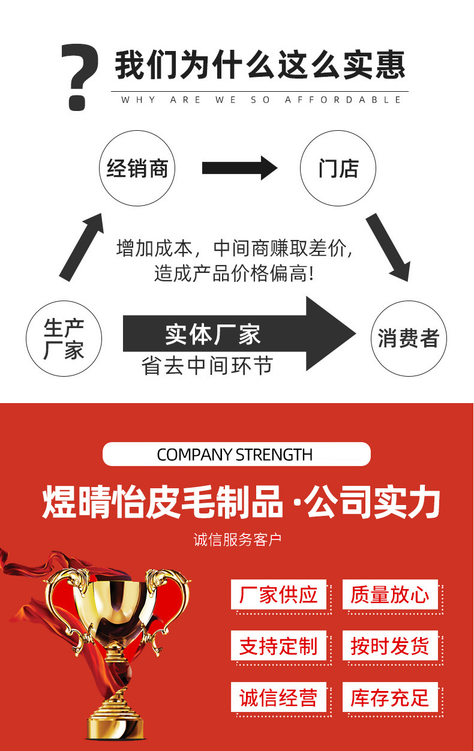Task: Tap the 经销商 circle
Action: coord(137,169)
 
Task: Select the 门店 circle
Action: coord(338,169)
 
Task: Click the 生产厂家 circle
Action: coord(64,338)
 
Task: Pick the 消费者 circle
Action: coord(409,338)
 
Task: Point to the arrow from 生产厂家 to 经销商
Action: coord(82,246)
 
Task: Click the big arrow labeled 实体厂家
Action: coord(240,334)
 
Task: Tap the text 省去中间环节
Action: coord(208,365)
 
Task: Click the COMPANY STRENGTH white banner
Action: coord(236,454)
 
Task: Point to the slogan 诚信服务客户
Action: coord(237,539)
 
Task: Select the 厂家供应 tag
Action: coord(278,594)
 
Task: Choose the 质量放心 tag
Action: coord(390,594)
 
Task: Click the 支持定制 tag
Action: coord(278,646)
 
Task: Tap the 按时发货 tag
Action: coord(390,646)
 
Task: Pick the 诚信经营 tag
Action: coord(278,698)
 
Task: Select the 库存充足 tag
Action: coord(390,698)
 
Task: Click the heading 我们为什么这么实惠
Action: coord(260,65)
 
